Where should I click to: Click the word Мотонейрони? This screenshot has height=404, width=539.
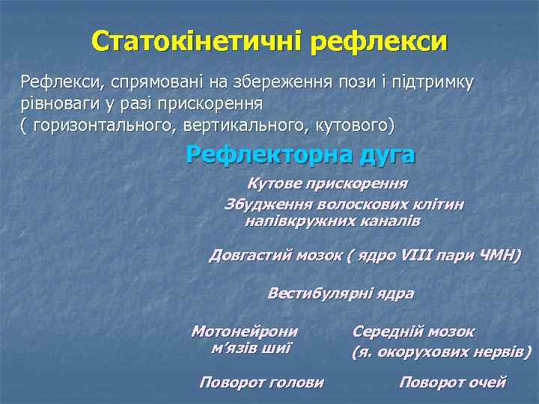pyautogui.click(x=245, y=331)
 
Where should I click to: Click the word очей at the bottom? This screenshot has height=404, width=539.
pyautogui.click(x=487, y=382)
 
